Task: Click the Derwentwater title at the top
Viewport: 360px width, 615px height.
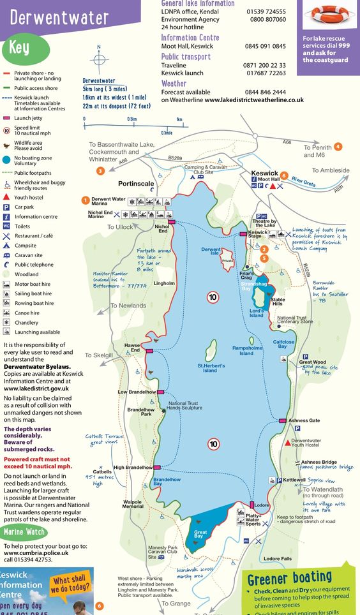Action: coord(55,19)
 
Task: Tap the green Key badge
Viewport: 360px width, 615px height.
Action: coord(19,48)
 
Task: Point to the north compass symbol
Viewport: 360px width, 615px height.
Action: coord(99,60)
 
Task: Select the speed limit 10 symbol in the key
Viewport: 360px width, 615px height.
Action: coord(7,130)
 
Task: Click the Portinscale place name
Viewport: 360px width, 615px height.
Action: coord(136,183)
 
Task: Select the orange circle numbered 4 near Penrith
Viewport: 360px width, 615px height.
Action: coord(338,147)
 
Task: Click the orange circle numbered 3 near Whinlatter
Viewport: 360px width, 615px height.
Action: coord(100,171)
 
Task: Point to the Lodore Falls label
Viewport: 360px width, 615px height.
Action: coord(277,558)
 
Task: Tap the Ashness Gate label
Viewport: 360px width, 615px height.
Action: coord(304,421)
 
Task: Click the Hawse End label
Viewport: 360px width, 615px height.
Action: coord(131,348)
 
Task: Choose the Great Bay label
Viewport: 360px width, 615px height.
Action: coord(200,534)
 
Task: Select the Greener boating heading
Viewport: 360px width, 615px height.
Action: coord(290,579)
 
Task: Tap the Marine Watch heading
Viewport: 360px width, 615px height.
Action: coord(24,531)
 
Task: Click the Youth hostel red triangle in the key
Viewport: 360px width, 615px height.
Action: coord(7,197)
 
